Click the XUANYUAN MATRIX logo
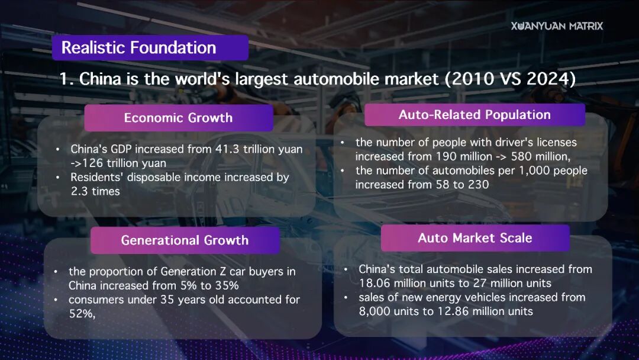coord(557,26)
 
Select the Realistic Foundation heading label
coord(150,48)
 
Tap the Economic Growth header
coord(179,118)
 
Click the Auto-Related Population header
coord(475,115)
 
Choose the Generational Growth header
coord(185,240)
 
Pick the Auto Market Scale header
coord(475,238)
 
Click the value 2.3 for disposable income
coord(79,191)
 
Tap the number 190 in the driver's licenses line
coord(446,156)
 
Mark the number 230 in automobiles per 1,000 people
coord(479,185)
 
